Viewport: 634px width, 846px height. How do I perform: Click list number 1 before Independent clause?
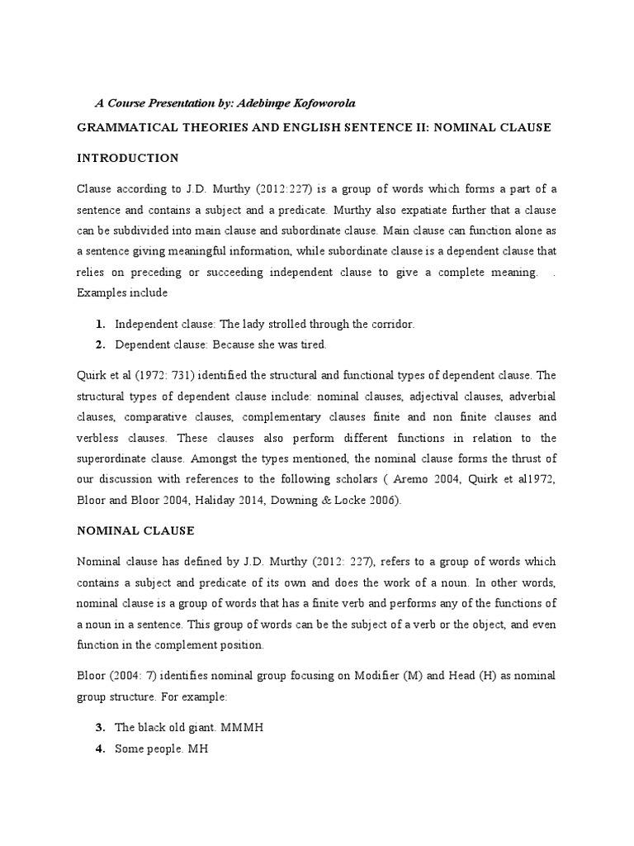[x=100, y=324]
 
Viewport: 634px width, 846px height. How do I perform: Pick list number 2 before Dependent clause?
[x=100, y=345]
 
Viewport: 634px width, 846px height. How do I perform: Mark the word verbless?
[x=102, y=438]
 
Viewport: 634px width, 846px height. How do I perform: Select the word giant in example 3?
[x=205, y=727]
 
